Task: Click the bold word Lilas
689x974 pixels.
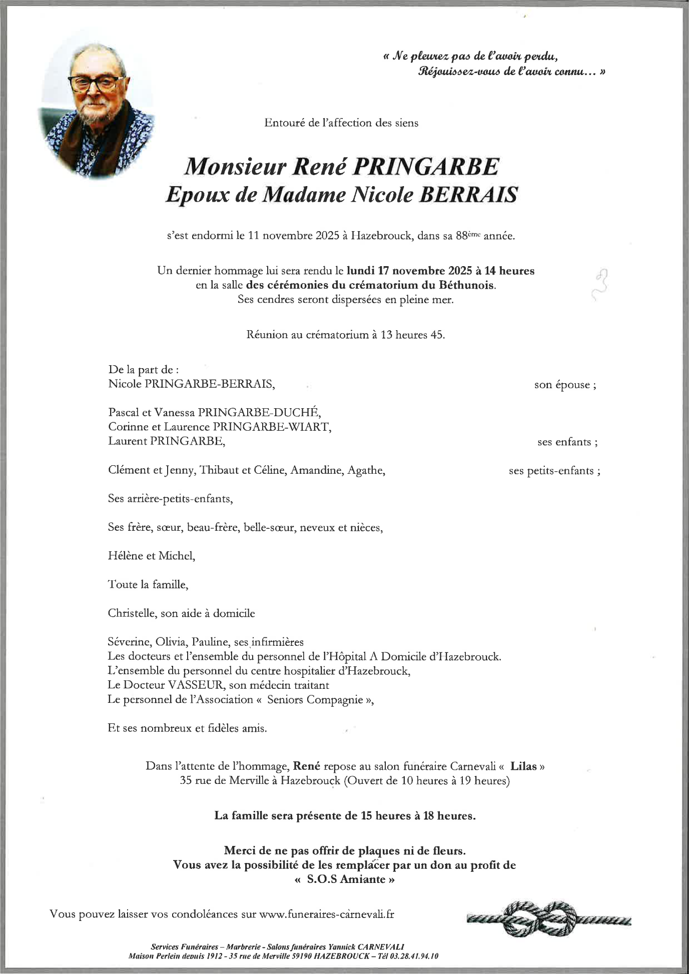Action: (523, 766)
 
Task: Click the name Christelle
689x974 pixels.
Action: (132, 613)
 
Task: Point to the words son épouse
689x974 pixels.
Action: (564, 385)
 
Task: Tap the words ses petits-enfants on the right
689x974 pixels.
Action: (553, 471)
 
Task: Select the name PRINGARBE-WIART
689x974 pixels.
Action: (272, 427)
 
